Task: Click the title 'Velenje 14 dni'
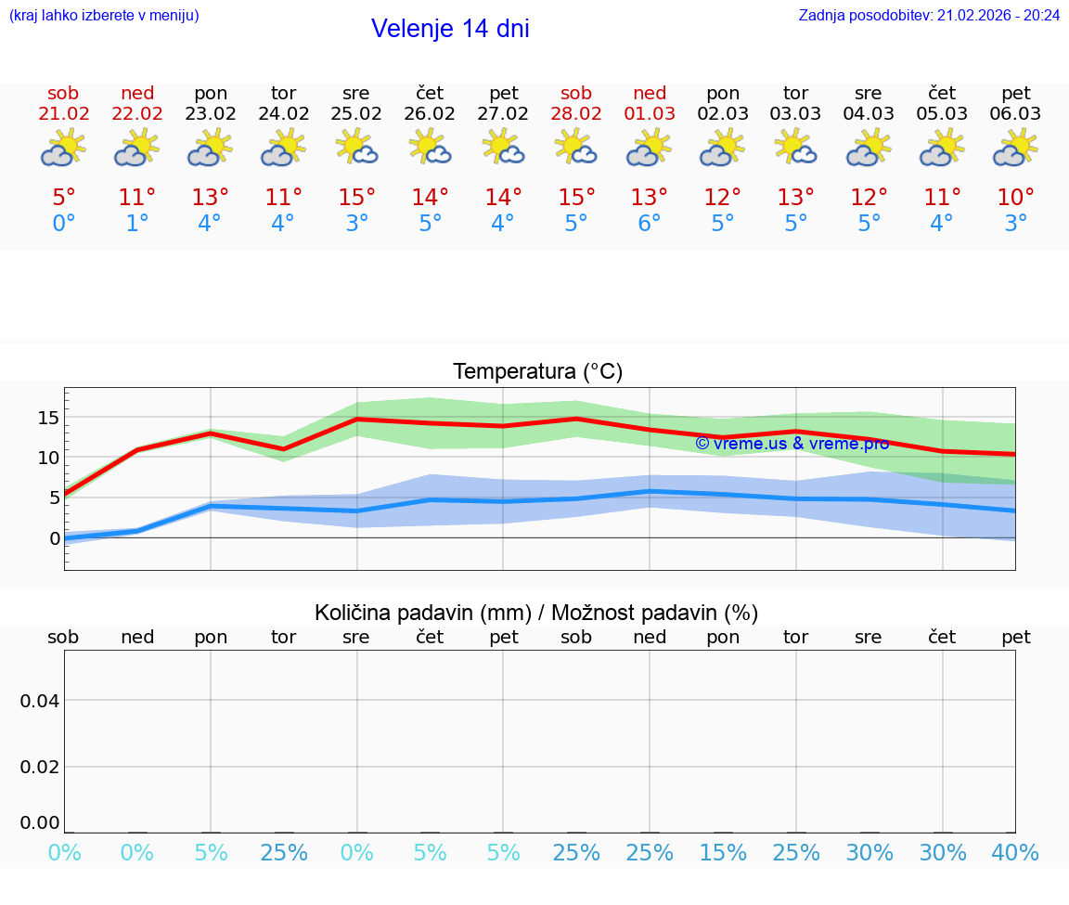coord(450,29)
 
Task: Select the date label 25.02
coord(356,114)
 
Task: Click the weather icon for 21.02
coord(63,148)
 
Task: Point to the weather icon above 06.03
coord(1016,148)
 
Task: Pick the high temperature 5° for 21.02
coord(63,198)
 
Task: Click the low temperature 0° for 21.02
coord(63,224)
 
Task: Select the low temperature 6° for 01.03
coord(650,224)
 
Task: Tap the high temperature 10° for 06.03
coord(1016,198)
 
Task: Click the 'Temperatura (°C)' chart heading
coord(537,372)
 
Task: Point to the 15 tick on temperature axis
coord(49,418)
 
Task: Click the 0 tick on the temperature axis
coord(55,538)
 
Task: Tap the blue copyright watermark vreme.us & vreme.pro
coord(792,444)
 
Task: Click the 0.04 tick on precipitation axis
coord(40,700)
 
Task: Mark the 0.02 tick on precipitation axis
coord(40,767)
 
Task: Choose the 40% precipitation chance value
coord(1015,853)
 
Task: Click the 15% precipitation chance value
coord(723,853)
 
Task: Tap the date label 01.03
coord(650,114)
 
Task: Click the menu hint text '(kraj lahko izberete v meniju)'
coord(104,15)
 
